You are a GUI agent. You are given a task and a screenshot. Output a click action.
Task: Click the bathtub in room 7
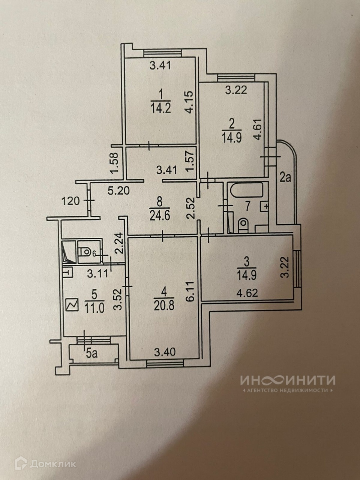[x=247, y=191]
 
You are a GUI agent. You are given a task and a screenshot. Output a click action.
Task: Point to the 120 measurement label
[x=70, y=201]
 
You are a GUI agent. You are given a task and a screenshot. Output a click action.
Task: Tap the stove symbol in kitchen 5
[x=71, y=304]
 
